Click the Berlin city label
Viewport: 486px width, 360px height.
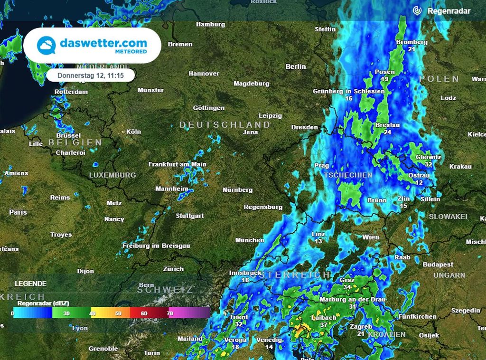tap(296, 66)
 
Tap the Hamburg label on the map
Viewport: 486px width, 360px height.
tap(210, 24)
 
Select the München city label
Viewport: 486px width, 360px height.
tap(250, 240)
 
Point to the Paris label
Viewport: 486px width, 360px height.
tap(18, 212)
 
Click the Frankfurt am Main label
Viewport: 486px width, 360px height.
tap(178, 164)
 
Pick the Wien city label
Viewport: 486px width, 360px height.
tap(371, 237)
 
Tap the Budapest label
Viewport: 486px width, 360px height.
tap(438, 265)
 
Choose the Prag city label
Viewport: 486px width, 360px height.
tap(322, 166)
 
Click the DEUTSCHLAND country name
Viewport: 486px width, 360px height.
tap(224, 125)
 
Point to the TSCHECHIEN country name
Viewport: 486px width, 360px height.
tap(348, 175)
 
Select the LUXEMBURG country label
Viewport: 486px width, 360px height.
tap(112, 175)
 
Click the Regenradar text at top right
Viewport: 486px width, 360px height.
tap(449, 10)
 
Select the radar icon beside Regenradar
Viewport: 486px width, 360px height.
tap(417, 10)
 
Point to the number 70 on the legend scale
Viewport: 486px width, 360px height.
tap(170, 313)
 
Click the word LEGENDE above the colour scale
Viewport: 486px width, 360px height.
tap(31, 284)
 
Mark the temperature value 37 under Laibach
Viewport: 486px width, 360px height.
tap(324, 325)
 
